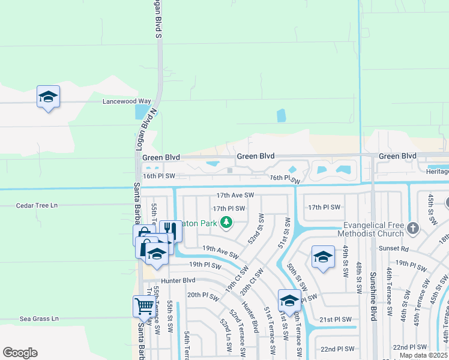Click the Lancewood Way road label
coord(127,101)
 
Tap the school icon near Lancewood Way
coord(48,97)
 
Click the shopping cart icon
coord(144,306)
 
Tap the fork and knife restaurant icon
coord(170,230)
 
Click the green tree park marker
coord(226,223)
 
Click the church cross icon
coord(412,228)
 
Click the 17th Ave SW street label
coord(235,196)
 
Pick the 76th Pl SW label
coord(285,178)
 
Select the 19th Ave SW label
coord(220,251)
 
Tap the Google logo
coord(20,353)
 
